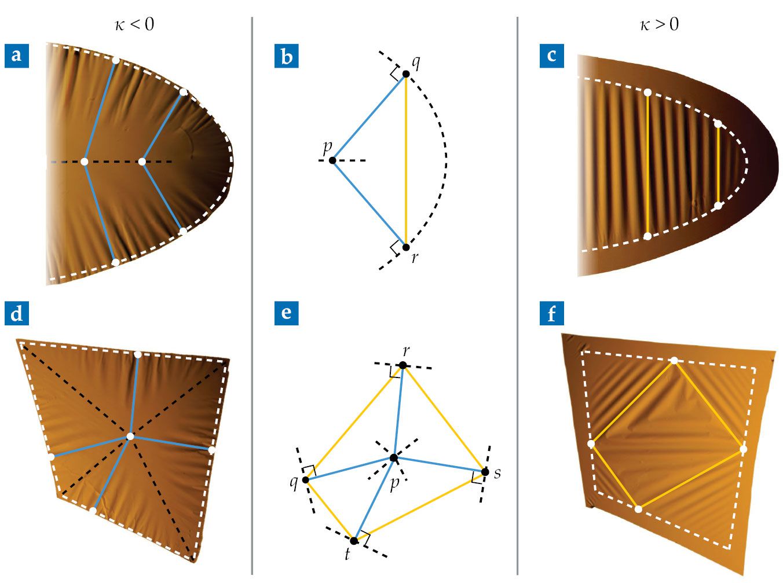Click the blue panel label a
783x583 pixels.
pyautogui.click(x=17, y=56)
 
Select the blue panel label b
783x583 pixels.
pyautogui.click(x=286, y=56)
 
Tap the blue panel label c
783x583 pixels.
pyautogui.click(x=551, y=56)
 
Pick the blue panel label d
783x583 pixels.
pyautogui.click(x=17, y=313)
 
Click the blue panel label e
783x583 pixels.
pyautogui.click(x=286, y=313)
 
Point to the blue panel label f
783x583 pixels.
pyautogui.click(x=551, y=313)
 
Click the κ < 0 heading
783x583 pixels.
pyautogui.click(x=134, y=25)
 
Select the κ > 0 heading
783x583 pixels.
pyautogui.click(x=659, y=25)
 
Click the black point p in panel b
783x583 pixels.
pyautogui.click(x=332, y=160)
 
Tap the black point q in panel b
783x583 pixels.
pyautogui.click(x=406, y=74)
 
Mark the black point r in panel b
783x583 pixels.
pyautogui.click(x=406, y=247)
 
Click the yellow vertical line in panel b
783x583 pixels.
pyautogui.click(x=406, y=160)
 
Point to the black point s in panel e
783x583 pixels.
pyautogui.click(x=485, y=472)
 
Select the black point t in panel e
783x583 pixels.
pyautogui.click(x=354, y=541)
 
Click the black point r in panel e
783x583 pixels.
pyautogui.click(x=403, y=365)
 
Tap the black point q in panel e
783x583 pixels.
pyautogui.click(x=306, y=480)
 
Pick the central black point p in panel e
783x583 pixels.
pyautogui.click(x=394, y=458)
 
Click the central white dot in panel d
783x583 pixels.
pyautogui.click(x=130, y=437)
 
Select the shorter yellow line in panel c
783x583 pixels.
pyautogui.click(x=718, y=165)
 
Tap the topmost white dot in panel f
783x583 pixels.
pyautogui.click(x=674, y=361)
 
